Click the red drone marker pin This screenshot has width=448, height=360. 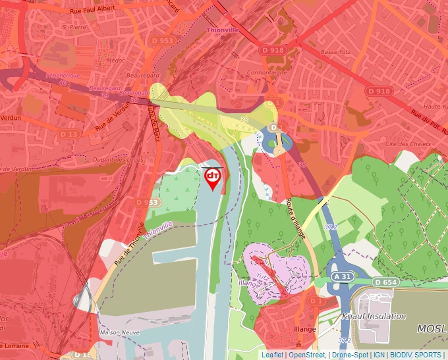pos(213,178)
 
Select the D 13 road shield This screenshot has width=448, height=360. pos(69,134)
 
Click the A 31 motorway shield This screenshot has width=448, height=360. pos(341,276)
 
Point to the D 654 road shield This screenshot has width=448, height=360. pos(385,282)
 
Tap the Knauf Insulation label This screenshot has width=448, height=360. pos(374,316)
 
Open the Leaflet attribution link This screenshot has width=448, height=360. pos(272,355)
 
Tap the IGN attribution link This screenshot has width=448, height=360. pos(379,355)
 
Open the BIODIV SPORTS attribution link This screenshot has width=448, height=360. pos(416,355)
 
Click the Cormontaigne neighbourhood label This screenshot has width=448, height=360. pos(266,72)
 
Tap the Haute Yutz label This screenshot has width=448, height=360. pos(435,106)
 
